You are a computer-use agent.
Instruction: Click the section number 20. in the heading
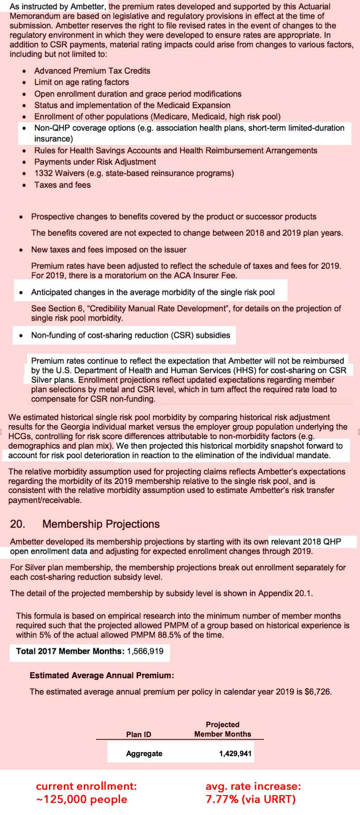click(x=18, y=524)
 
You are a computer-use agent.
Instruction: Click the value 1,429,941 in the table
click(x=235, y=754)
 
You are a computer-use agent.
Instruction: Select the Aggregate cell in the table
click(x=144, y=754)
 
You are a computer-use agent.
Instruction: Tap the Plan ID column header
click(x=139, y=734)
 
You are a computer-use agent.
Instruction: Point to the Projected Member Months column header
click(x=222, y=729)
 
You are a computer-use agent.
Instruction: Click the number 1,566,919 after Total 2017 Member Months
click(x=146, y=651)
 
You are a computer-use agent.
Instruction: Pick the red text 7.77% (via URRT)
click(x=250, y=800)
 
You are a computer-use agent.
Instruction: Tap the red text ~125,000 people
click(x=82, y=800)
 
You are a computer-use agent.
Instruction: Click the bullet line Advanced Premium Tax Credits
click(x=92, y=71)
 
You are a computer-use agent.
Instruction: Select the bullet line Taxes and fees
click(x=62, y=185)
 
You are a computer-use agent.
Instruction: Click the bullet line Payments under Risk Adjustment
click(x=95, y=162)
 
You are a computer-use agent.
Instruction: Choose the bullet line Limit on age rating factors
click(x=82, y=82)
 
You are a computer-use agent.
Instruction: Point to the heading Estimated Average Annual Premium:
click(x=102, y=676)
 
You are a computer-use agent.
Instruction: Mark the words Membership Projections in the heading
click(x=101, y=524)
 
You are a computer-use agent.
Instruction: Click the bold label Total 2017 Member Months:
click(x=70, y=651)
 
